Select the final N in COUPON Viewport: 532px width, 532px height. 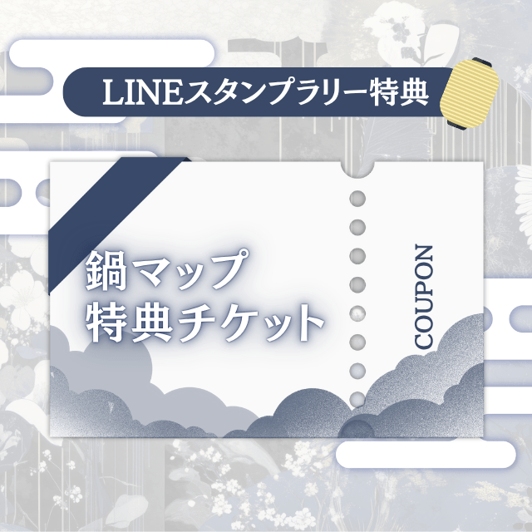pyautogui.click(x=425, y=253)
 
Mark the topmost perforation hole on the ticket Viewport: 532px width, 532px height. pyautogui.click(x=357, y=199)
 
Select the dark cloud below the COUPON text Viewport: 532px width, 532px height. pyautogui.click(x=424, y=391)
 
